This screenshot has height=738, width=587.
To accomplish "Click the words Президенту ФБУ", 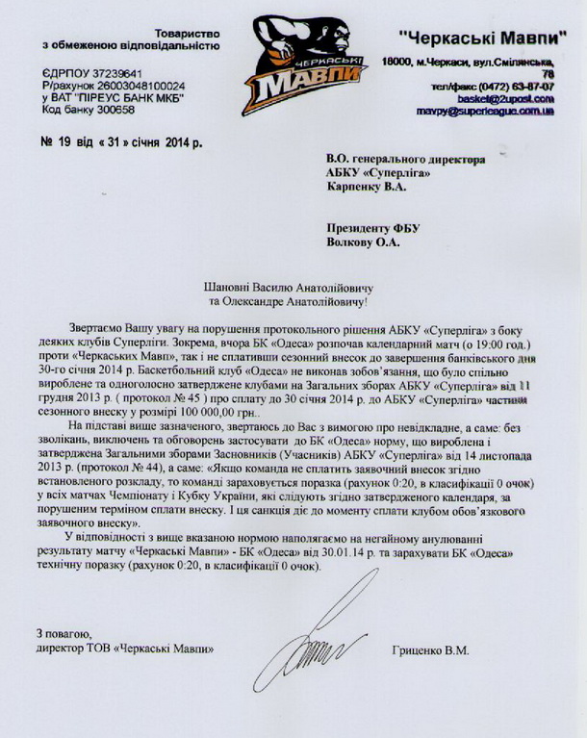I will pos(367,228).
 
